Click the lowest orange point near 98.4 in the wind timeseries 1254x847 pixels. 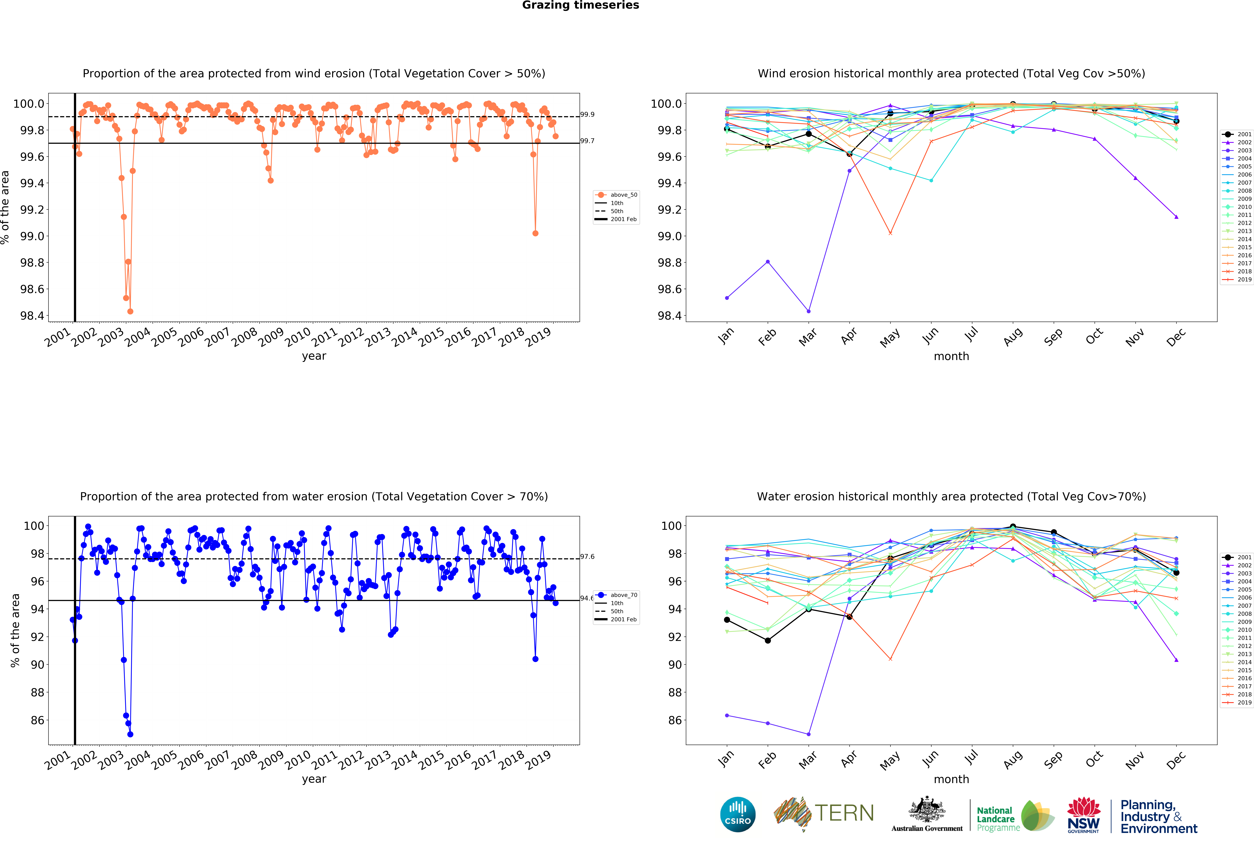[130, 311]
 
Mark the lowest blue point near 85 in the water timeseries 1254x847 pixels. [130, 734]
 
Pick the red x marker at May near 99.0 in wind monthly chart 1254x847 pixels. [890, 233]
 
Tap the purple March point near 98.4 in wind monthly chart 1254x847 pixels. [808, 311]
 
